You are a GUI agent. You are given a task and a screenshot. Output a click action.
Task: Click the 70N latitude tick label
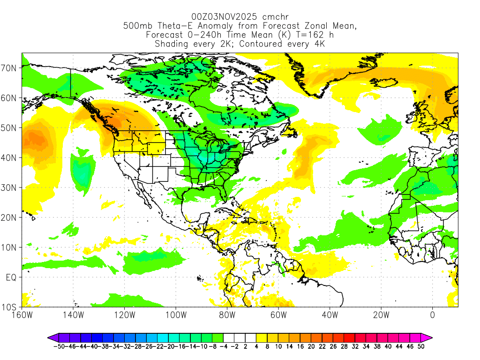click(x=10, y=68)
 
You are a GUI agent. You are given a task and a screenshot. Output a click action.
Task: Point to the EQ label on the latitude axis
click(x=11, y=277)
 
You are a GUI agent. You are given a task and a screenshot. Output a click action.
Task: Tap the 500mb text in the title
click(x=135, y=26)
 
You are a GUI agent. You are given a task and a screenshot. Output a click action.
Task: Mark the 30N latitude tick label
click(x=10, y=188)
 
